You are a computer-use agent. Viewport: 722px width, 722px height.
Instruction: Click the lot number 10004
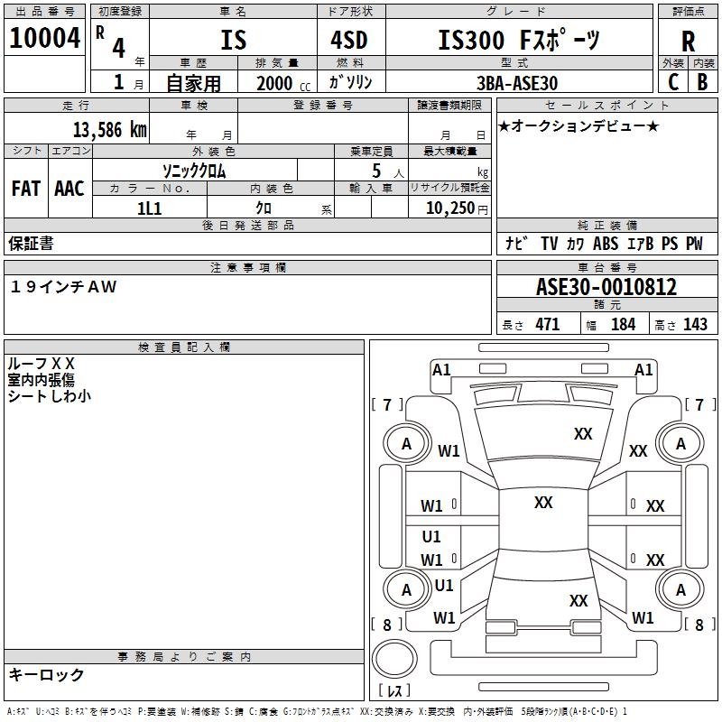(x=44, y=38)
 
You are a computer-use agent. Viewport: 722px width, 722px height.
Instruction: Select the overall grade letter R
(x=688, y=42)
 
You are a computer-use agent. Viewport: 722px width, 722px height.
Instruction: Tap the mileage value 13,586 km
(x=109, y=130)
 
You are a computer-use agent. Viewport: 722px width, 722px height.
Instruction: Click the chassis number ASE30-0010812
(x=606, y=287)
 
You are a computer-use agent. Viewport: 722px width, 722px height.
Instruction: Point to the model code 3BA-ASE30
(x=517, y=83)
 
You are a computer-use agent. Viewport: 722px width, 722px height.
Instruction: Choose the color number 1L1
(x=149, y=208)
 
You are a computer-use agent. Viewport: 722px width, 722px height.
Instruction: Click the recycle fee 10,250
(x=450, y=208)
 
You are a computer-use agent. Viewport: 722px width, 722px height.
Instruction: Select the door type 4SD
(x=349, y=40)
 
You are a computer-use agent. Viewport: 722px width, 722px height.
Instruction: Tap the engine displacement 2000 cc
(x=283, y=83)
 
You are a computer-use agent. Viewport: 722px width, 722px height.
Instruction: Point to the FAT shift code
(x=26, y=189)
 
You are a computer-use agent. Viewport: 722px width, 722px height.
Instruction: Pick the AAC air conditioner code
(x=69, y=189)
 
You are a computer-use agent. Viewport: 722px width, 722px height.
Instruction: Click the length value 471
(x=548, y=324)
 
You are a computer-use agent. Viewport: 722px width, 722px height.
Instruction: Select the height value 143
(x=695, y=324)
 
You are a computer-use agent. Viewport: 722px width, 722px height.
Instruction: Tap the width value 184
(x=623, y=324)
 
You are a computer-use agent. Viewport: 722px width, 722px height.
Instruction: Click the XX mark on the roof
(x=543, y=503)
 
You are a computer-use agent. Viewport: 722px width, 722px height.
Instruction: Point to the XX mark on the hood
(x=583, y=434)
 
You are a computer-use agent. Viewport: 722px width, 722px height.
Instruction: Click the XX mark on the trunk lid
(x=579, y=600)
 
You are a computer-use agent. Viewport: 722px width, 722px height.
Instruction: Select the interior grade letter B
(x=702, y=82)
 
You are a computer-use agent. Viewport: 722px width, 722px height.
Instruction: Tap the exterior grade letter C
(x=673, y=82)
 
